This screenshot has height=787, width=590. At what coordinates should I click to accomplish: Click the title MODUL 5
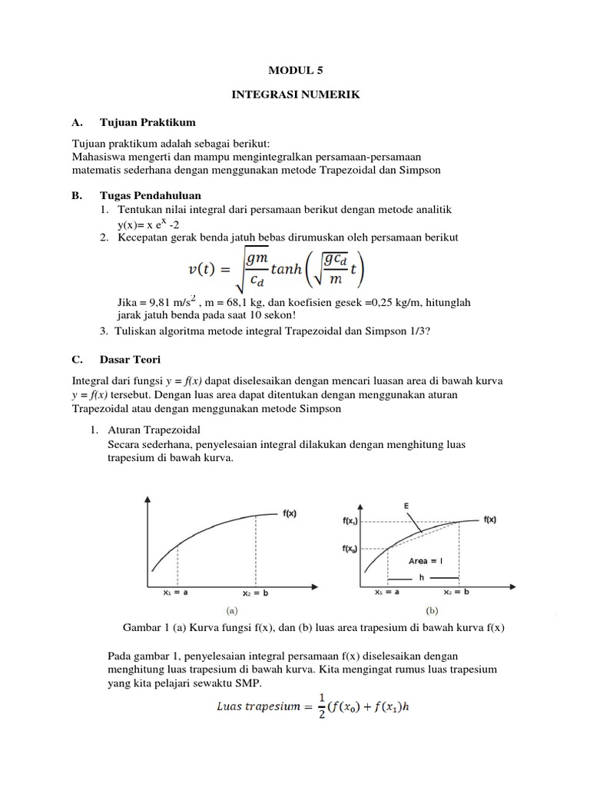click(296, 70)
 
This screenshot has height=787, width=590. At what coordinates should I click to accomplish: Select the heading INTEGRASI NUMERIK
click(296, 95)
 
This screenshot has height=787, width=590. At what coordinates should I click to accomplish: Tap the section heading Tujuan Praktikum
click(147, 122)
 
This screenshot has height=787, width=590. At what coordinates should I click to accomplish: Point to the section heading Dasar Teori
click(131, 359)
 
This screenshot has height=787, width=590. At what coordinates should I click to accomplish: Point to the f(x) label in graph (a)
click(291, 514)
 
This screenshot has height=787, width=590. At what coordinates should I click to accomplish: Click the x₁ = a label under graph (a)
click(177, 593)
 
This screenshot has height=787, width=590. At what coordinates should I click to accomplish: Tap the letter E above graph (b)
click(406, 505)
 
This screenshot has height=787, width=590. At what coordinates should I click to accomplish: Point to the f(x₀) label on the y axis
click(350, 548)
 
